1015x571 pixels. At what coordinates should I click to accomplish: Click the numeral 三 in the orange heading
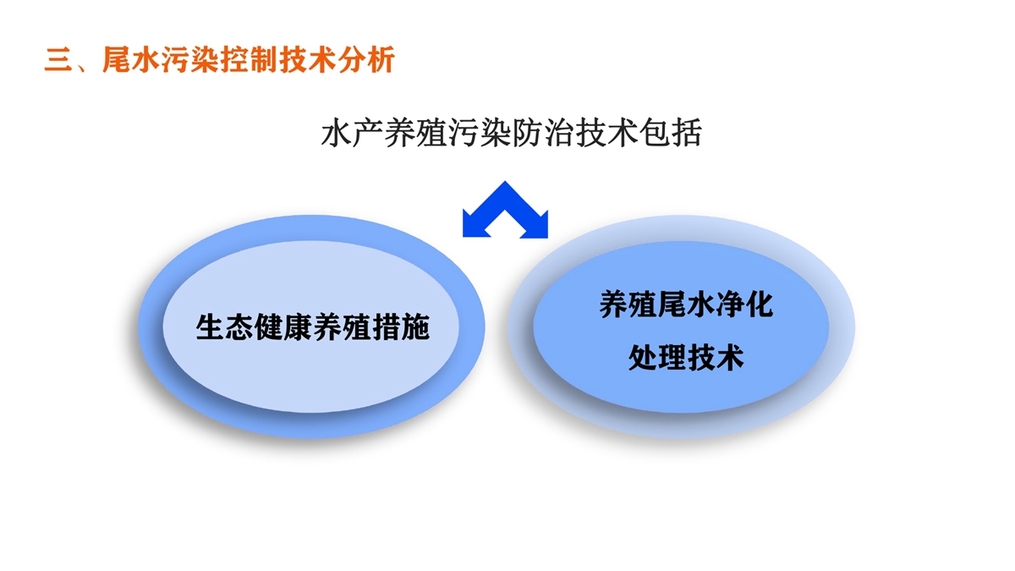(x=59, y=60)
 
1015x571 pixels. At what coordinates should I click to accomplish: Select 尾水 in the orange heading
(x=132, y=59)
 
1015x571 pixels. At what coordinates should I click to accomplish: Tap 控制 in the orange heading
(x=250, y=59)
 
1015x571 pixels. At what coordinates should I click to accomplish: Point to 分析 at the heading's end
(x=366, y=59)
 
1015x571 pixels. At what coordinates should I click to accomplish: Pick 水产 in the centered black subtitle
(x=353, y=133)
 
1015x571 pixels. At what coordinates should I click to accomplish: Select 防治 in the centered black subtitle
(x=543, y=133)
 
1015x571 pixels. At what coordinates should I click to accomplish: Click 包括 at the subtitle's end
(x=670, y=133)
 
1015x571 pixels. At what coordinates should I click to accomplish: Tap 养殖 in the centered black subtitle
(x=416, y=133)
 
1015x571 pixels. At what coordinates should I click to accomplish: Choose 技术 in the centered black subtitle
(x=606, y=133)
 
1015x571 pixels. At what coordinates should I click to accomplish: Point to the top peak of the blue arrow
(x=505, y=182)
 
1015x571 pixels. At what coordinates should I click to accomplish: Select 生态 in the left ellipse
(x=225, y=327)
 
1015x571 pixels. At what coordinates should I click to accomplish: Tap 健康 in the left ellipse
(x=283, y=327)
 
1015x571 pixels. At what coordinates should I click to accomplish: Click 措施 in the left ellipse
(x=401, y=327)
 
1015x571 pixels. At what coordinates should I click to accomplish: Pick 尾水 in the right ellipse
(x=686, y=304)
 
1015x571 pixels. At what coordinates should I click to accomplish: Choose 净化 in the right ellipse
(x=744, y=304)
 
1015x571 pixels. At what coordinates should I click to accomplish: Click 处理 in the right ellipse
(x=657, y=358)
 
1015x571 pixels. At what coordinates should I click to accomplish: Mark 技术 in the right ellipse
(x=715, y=358)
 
